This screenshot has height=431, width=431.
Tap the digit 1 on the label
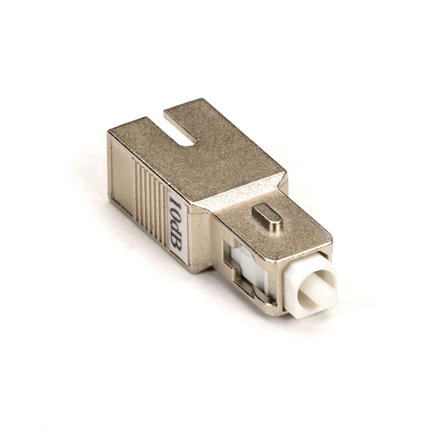(x=175, y=200)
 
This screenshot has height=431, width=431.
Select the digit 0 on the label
(x=176, y=213)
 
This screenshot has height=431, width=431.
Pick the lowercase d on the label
(x=176, y=227)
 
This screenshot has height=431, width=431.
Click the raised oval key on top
(x=267, y=215)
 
